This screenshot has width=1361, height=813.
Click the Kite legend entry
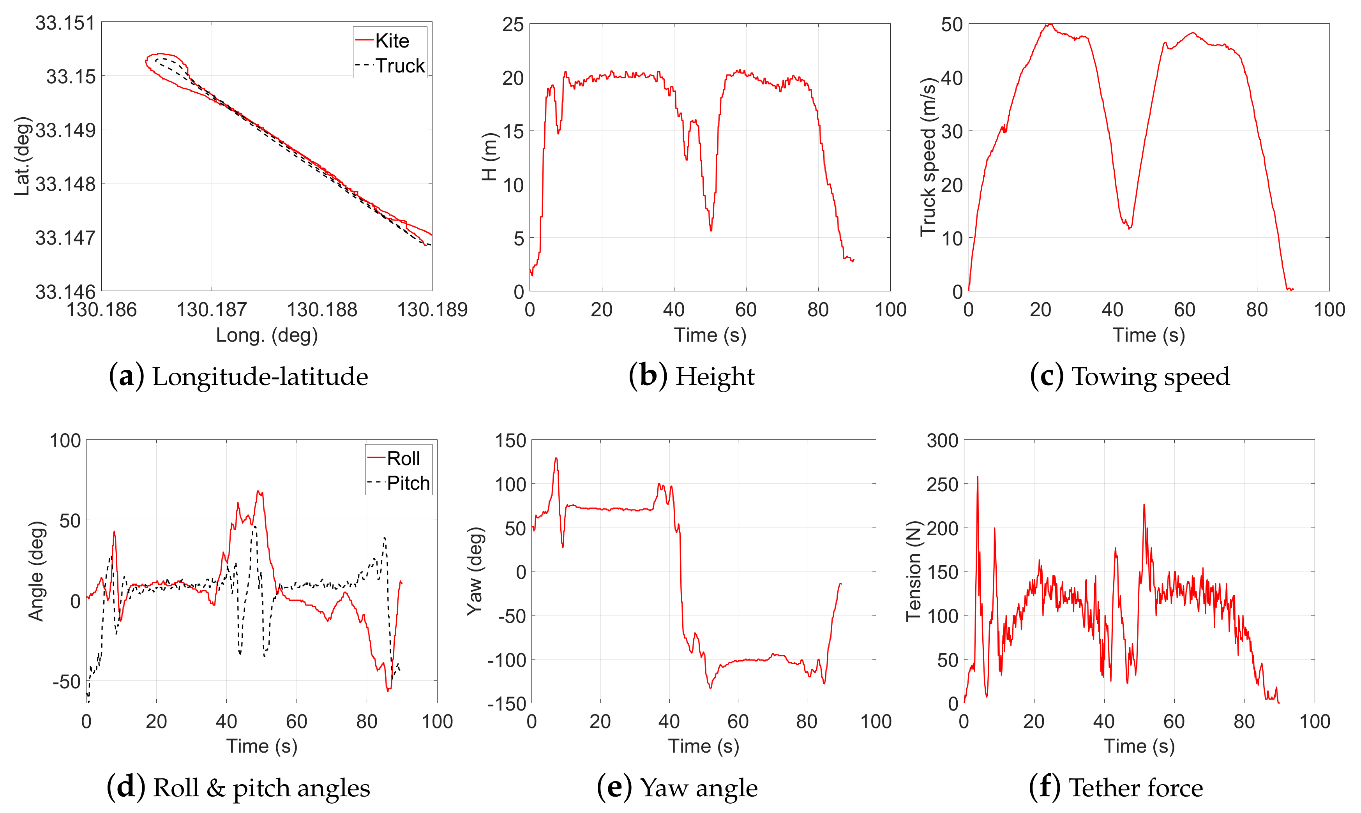(x=391, y=41)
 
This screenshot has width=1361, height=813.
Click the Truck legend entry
(x=399, y=66)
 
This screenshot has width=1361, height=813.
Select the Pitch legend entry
(x=408, y=483)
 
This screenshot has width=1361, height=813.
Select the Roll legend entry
(x=403, y=458)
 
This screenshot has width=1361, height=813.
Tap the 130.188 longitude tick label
(x=321, y=310)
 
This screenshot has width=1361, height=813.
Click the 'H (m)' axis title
(x=489, y=157)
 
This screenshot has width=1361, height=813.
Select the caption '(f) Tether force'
(x=1116, y=787)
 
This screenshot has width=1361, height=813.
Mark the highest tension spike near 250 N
(x=978, y=477)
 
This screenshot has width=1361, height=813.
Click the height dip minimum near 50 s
(x=711, y=230)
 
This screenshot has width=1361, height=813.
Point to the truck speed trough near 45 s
(x=1129, y=228)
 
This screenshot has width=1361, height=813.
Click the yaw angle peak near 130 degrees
(x=556, y=458)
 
